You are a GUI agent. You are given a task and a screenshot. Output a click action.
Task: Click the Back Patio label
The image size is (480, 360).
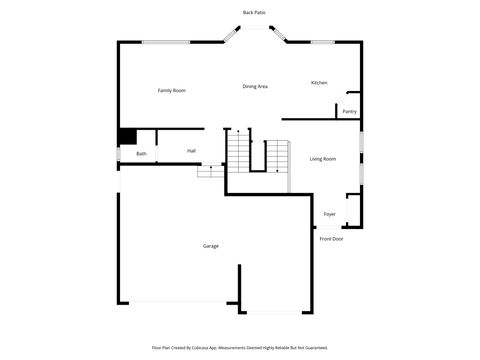(254, 12)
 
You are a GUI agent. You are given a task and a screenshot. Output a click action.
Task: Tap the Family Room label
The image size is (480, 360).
(172, 91)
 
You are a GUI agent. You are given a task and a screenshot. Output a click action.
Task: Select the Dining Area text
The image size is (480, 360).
(255, 87)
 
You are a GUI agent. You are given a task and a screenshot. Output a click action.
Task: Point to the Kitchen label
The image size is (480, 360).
(319, 83)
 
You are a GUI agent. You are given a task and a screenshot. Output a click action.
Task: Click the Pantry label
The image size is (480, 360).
(349, 111)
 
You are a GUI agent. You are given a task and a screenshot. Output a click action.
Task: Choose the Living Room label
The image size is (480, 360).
(322, 159)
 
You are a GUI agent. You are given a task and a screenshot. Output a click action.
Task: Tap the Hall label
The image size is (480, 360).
(191, 151)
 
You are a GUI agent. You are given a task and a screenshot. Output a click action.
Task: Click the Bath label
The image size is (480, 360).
(142, 154)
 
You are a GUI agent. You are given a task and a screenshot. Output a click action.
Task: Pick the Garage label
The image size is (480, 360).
(211, 246)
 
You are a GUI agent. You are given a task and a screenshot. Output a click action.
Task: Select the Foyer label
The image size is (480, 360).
(329, 214)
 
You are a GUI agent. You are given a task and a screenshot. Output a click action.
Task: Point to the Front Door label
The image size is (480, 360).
(331, 239)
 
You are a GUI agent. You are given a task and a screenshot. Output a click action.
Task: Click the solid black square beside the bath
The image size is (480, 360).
(127, 138)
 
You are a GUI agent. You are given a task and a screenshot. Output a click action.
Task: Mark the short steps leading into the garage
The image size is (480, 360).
(209, 171)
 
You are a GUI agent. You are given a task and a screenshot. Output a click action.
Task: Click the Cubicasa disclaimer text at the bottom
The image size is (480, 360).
(239, 348)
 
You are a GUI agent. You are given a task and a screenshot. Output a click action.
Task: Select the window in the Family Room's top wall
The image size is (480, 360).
(165, 42)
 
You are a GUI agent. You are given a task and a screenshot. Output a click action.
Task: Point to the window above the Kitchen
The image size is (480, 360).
(322, 42)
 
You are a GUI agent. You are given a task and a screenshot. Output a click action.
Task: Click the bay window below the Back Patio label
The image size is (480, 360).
(254, 29)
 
